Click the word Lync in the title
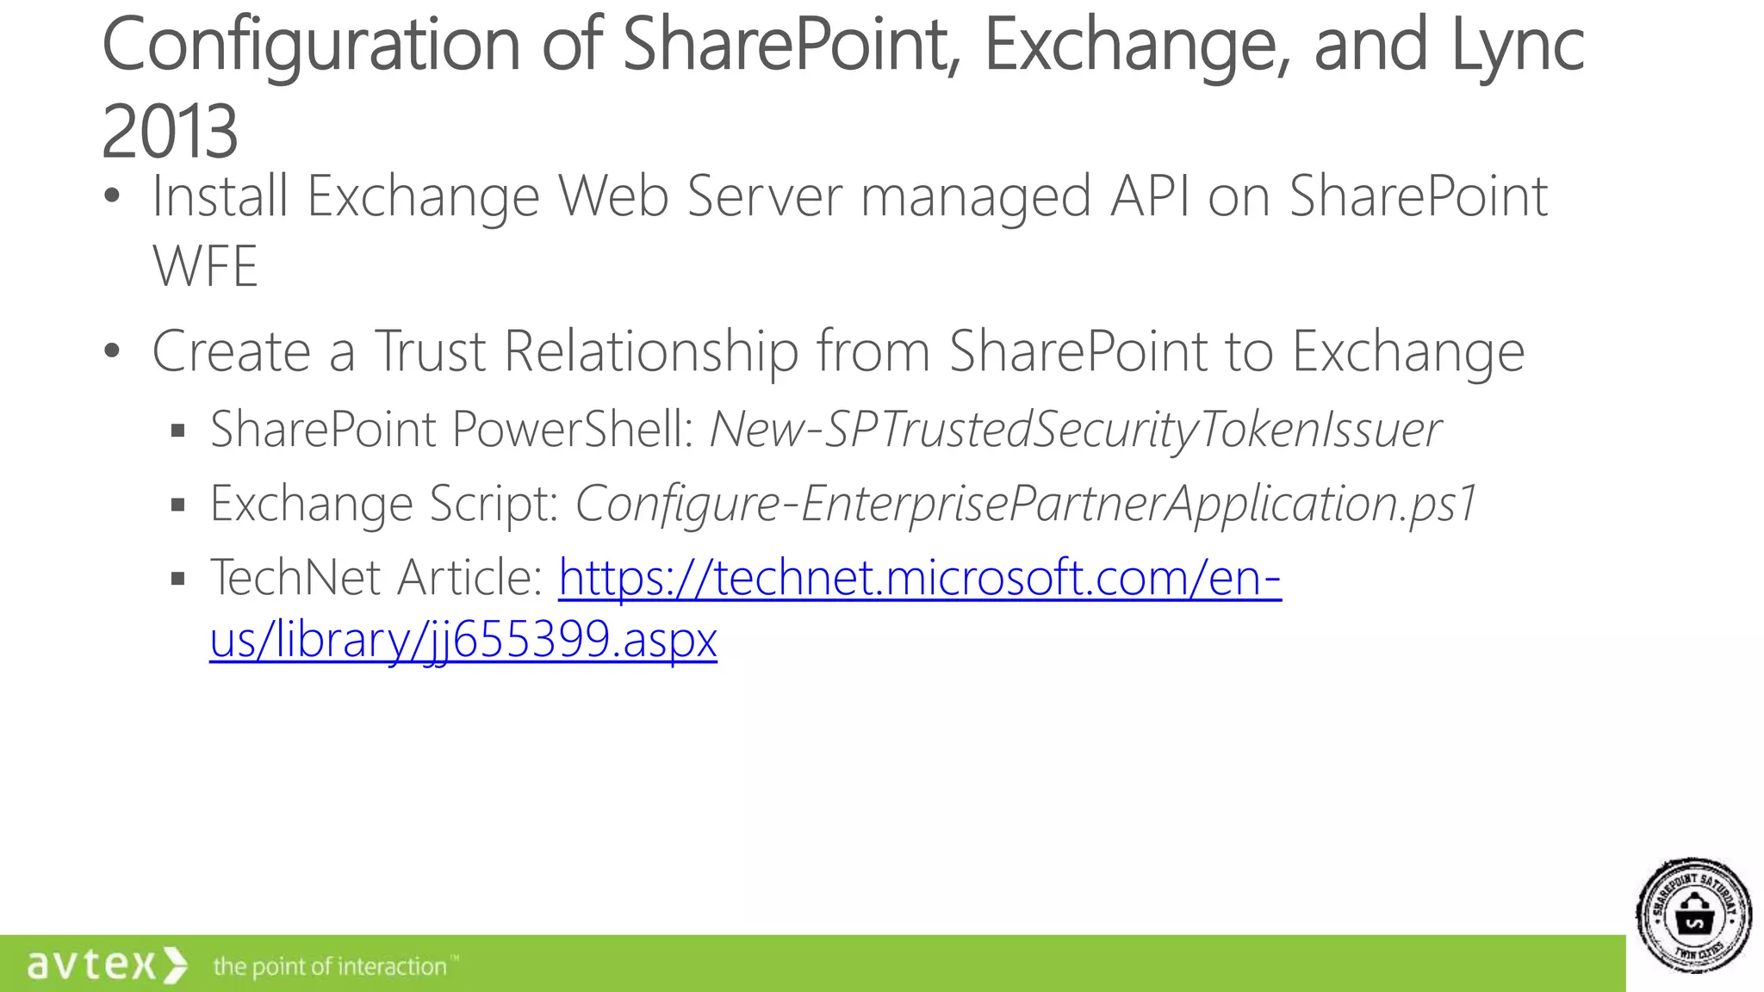(1518, 45)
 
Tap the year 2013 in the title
(170, 132)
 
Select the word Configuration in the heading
(311, 45)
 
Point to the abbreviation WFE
(205, 266)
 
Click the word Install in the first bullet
(220, 196)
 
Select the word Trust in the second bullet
(430, 351)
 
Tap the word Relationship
(651, 351)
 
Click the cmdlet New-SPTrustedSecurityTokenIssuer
(1074, 429)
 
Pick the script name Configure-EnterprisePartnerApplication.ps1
(1026, 504)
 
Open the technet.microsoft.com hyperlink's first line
(920, 577)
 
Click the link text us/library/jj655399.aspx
(463, 640)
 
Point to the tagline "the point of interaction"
(331, 967)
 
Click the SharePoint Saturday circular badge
(1693, 915)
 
